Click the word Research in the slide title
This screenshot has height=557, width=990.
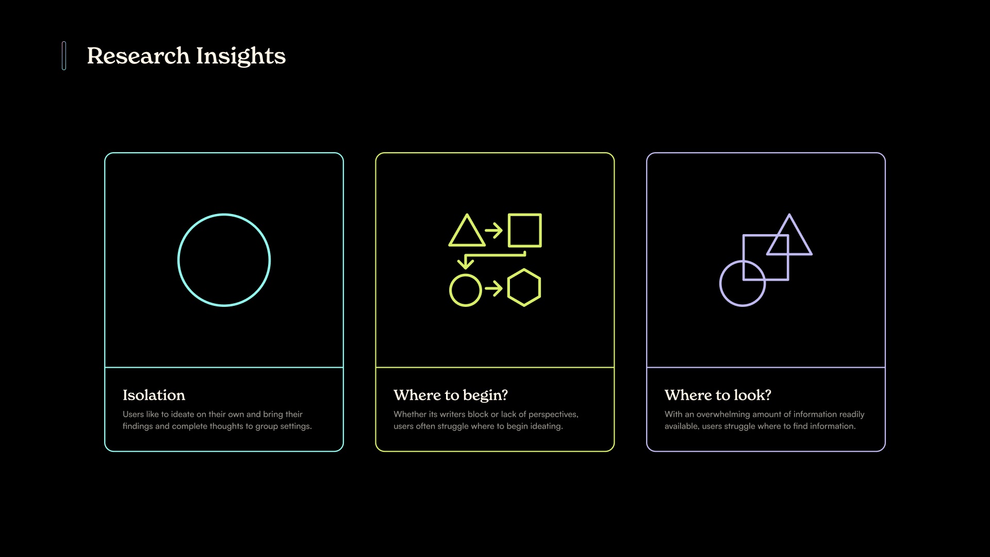click(x=138, y=56)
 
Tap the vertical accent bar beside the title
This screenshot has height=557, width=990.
click(x=64, y=56)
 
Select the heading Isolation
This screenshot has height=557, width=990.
click(x=154, y=395)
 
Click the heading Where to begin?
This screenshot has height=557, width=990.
click(x=451, y=396)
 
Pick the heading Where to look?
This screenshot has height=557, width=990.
click(x=718, y=395)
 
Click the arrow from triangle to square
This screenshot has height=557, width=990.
click(x=493, y=230)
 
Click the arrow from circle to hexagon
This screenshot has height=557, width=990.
click(x=493, y=288)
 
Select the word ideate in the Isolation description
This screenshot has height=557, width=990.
click(x=183, y=414)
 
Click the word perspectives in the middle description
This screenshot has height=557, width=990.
click(x=553, y=415)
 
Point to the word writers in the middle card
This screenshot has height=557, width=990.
click(x=452, y=414)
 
